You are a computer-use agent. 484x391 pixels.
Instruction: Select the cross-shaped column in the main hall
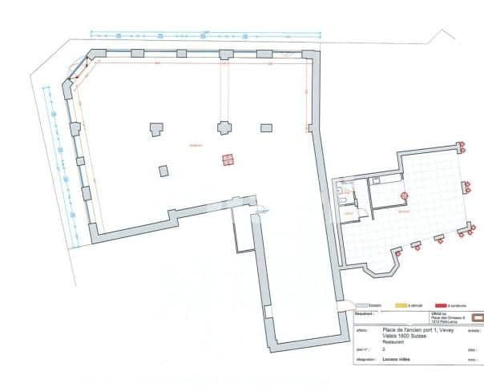(224, 127)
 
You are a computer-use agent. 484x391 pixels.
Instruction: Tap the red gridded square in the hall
(228, 159)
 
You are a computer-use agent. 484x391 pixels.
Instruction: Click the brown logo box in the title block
(478, 317)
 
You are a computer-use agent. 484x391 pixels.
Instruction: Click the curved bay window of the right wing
(397, 261)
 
